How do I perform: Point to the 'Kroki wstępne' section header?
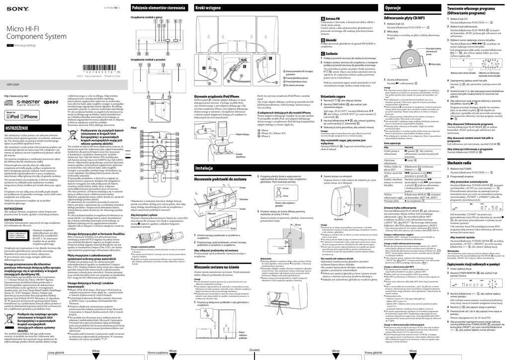tap(209, 8)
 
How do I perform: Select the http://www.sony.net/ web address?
tap(16, 95)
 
